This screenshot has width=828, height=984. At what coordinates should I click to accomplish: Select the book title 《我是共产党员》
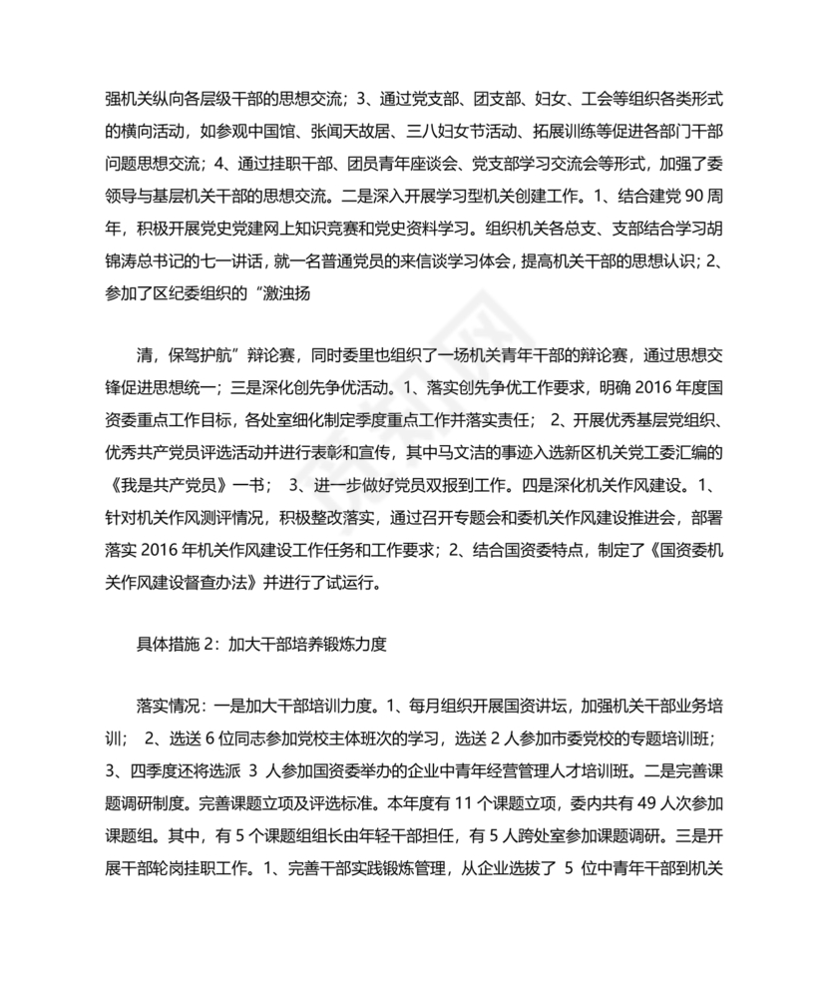tap(173, 485)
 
